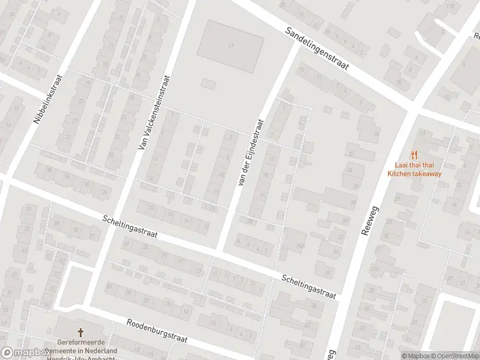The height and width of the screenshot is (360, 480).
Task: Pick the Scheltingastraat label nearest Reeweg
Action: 309,286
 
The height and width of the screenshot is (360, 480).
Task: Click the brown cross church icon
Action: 80,332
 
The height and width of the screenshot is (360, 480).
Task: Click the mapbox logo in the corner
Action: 25,353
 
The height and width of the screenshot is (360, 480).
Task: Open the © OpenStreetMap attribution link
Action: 455,355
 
